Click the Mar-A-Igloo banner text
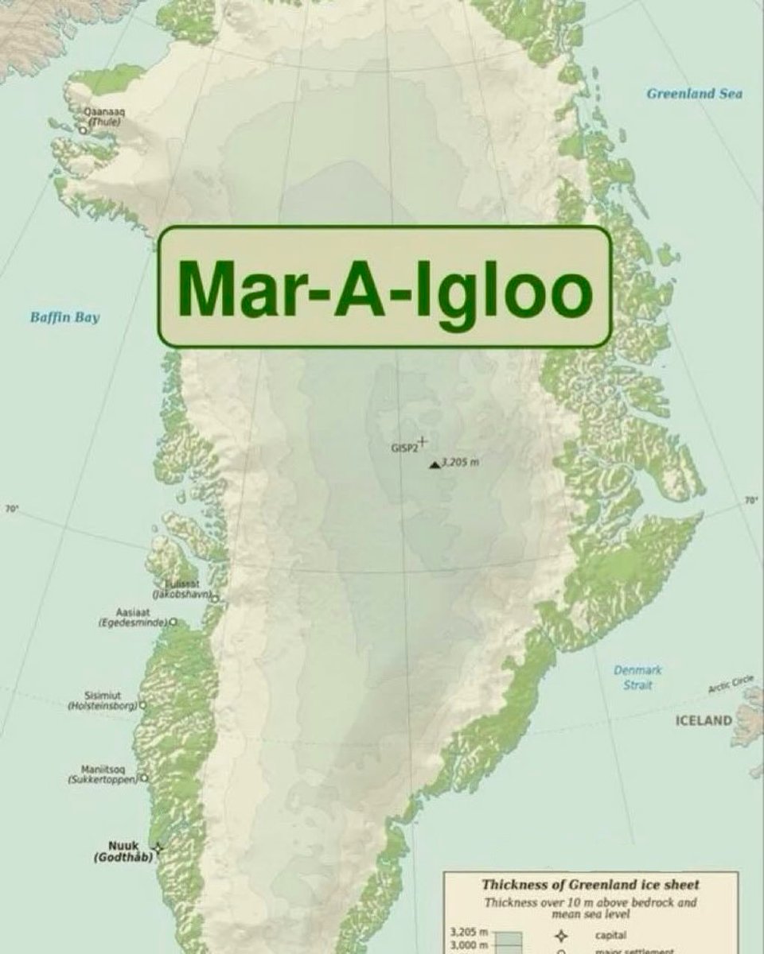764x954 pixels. click(x=385, y=287)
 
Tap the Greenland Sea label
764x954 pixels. click(x=694, y=94)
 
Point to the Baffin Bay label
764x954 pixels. click(x=65, y=318)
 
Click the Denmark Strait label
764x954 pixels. click(x=637, y=677)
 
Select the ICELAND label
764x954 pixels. click(x=704, y=721)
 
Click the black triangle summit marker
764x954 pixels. click(x=434, y=464)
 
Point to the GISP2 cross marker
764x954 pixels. click(x=423, y=440)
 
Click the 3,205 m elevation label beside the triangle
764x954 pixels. click(x=461, y=462)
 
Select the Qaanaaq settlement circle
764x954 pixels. click(x=83, y=130)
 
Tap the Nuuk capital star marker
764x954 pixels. click(x=158, y=848)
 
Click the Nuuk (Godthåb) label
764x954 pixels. click(x=123, y=851)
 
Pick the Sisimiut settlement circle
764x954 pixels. click(x=143, y=704)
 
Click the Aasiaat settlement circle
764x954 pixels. click(x=173, y=622)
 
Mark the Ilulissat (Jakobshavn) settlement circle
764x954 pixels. click(x=214, y=597)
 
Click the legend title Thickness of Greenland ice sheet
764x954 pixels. click(x=590, y=884)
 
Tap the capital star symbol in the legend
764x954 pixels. click(x=562, y=936)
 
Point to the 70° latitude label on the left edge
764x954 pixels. click(x=11, y=508)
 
